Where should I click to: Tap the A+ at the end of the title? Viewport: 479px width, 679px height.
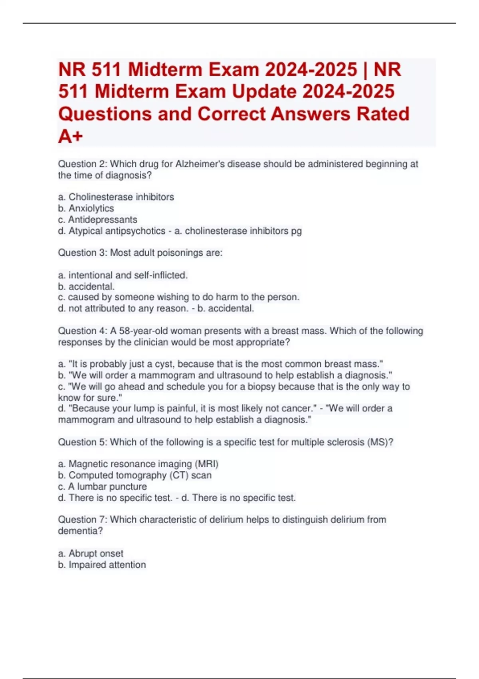point(70,136)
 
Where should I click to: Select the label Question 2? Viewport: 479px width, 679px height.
point(83,164)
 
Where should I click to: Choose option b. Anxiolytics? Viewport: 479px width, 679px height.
point(86,208)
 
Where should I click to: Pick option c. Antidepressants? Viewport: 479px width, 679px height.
point(97,220)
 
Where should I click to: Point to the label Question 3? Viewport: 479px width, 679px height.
point(83,253)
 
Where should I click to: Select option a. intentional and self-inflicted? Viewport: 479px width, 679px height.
point(123,275)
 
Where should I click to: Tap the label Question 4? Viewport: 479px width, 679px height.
point(83,331)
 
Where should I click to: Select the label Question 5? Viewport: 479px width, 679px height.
point(83,442)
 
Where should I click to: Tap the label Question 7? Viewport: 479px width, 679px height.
point(83,520)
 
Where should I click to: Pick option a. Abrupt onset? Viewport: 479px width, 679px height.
point(91,554)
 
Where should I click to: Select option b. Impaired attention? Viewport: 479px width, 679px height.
point(102,565)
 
